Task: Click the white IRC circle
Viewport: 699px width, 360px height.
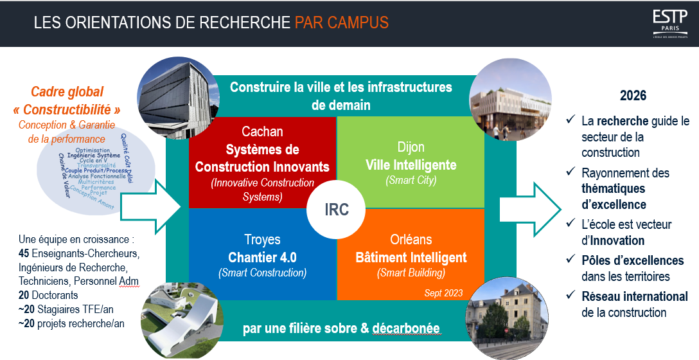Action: click(336, 210)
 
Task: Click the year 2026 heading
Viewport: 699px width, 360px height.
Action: click(633, 96)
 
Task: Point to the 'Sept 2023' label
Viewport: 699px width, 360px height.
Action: click(444, 292)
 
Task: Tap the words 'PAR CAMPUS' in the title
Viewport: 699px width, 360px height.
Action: click(342, 23)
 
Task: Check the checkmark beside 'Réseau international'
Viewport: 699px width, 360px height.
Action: click(570, 296)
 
